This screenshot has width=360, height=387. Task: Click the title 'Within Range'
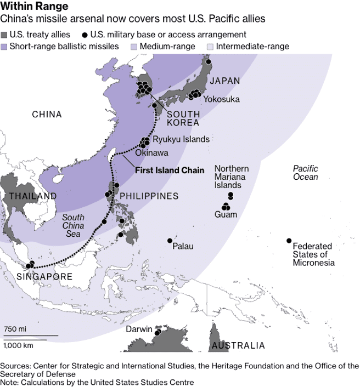tap(35, 7)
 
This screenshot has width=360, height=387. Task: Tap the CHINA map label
tap(47, 115)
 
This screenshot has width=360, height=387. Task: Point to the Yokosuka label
tap(222, 99)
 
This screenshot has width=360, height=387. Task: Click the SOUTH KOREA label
tap(183, 118)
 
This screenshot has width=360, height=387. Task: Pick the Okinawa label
tap(151, 153)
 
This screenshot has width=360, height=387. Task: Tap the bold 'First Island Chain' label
tap(169, 170)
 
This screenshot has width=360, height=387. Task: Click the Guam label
tap(226, 214)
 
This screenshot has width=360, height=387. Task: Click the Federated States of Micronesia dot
tap(289, 241)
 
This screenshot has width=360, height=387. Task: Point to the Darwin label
tap(139, 329)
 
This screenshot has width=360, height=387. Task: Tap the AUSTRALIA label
tap(238, 346)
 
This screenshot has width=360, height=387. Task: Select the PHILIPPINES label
tap(149, 196)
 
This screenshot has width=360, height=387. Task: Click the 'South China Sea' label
tap(73, 226)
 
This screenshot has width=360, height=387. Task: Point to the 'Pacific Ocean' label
tap(305, 173)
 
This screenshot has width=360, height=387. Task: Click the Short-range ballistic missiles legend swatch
tap(5, 46)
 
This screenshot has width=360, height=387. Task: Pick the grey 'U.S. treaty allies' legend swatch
tap(5, 35)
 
